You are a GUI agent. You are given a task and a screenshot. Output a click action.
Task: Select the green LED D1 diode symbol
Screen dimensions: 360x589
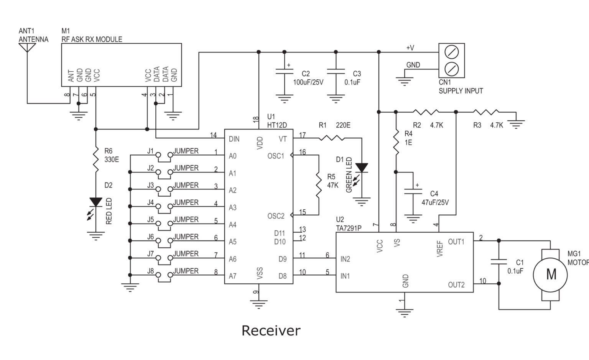click(362, 168)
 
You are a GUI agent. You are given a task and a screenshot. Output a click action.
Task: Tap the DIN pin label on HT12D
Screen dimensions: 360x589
click(234, 139)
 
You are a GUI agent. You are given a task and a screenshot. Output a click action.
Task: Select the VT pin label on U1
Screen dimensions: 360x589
click(283, 139)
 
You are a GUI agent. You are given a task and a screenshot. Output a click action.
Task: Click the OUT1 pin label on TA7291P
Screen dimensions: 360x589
click(456, 242)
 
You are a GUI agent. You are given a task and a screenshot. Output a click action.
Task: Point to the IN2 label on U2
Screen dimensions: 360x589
click(345, 259)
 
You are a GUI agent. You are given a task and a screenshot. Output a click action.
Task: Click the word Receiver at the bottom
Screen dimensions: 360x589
click(271, 330)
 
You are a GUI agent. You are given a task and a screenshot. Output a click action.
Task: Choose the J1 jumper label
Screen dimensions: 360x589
click(150, 151)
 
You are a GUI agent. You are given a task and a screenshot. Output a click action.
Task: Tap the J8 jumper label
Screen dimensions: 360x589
click(150, 271)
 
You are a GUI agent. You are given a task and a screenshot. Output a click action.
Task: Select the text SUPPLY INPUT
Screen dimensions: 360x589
click(461, 91)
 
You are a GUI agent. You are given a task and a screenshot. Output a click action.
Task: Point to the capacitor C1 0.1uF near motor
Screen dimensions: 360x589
click(499, 262)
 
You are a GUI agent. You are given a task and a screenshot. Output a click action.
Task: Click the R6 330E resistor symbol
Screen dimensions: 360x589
click(95, 160)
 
